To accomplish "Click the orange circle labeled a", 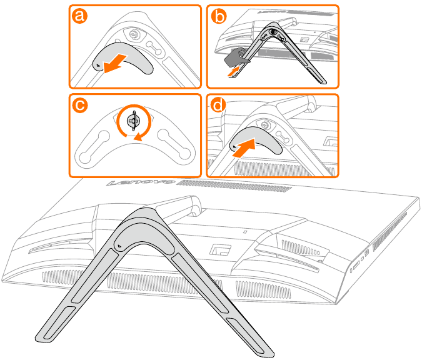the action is pyautogui.click(x=79, y=16).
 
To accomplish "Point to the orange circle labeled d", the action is pyautogui.click(x=218, y=104).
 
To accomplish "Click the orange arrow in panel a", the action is pyautogui.click(x=115, y=63).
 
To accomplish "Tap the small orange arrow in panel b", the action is pyautogui.click(x=233, y=71).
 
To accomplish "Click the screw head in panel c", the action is pyautogui.click(x=134, y=121).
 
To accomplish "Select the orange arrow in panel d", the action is pyautogui.click(x=244, y=147).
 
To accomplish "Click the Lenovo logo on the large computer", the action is pyautogui.click(x=141, y=182).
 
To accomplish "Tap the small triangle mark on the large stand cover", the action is pyautogui.click(x=119, y=246).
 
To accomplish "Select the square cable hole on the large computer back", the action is pyautogui.click(x=221, y=249).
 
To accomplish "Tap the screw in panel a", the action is pyautogui.click(x=134, y=34).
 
